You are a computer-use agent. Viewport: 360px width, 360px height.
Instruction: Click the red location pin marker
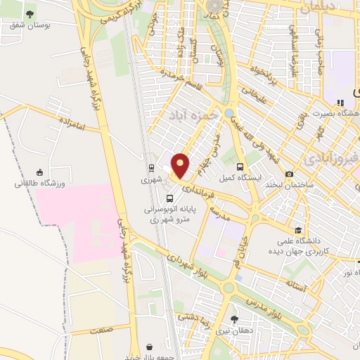click(181, 166)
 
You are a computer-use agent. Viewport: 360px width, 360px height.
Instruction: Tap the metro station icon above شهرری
click(151, 168)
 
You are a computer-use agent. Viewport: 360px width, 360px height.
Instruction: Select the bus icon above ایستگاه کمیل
click(240, 167)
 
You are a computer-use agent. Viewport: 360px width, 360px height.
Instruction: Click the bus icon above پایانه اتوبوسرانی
click(169, 199)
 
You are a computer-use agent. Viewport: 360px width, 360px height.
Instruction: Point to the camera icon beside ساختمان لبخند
click(289, 174)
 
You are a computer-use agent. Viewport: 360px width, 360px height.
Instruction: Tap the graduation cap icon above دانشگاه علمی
click(299, 230)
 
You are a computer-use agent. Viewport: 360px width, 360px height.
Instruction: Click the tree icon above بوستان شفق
click(29, 14)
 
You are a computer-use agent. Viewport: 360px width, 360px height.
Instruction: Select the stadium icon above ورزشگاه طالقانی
click(39, 173)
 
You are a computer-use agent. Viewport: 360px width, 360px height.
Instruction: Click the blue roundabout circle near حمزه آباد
click(229, 112)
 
